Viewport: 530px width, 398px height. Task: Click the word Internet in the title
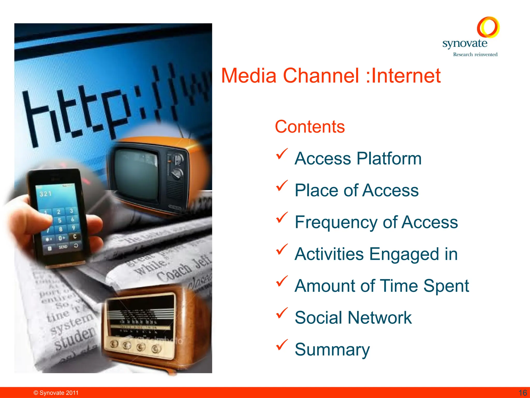point(406,76)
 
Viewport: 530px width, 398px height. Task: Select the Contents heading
point(310,127)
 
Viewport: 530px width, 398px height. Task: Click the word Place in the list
point(316,190)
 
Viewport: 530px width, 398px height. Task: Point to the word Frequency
point(336,222)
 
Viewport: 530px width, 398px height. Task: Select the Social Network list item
point(353,318)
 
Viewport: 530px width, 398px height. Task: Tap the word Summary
point(332,350)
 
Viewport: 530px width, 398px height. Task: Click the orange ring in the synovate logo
point(488,27)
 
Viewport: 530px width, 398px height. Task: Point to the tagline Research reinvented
point(475,54)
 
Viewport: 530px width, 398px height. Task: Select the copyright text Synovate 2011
point(56,393)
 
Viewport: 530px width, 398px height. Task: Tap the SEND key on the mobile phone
point(63,247)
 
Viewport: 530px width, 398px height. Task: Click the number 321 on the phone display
point(46,194)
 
